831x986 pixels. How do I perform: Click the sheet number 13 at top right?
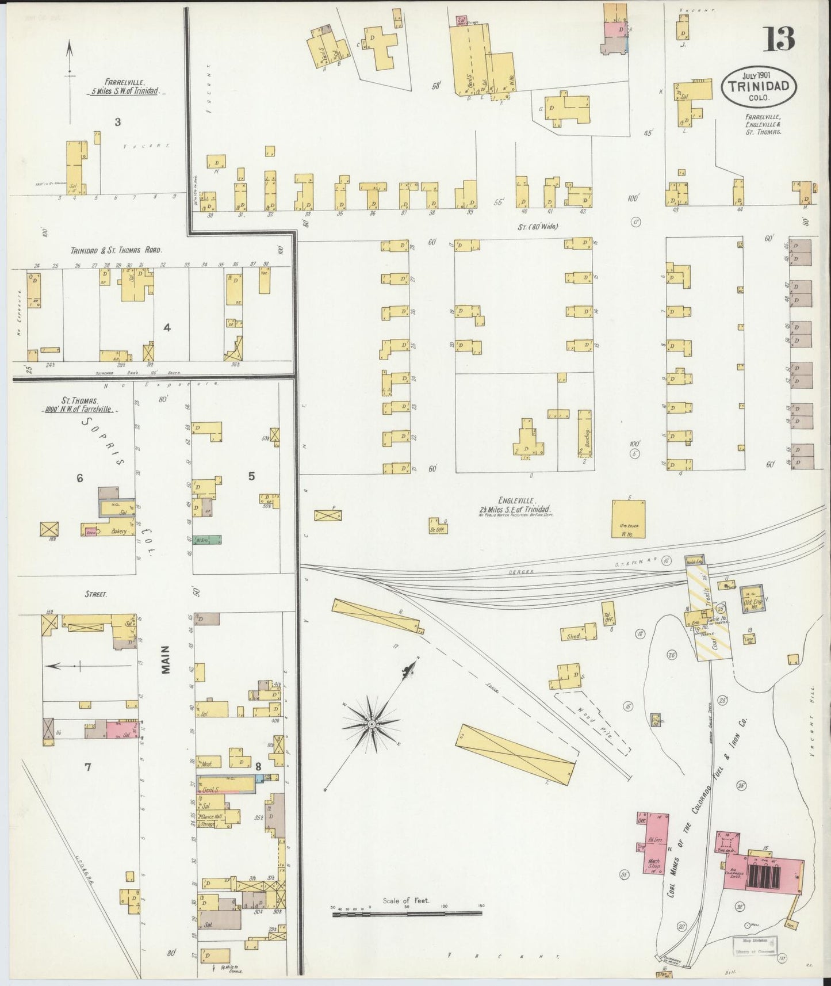tap(779, 39)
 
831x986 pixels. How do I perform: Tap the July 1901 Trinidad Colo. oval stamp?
tap(759, 86)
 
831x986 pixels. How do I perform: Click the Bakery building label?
tap(119, 532)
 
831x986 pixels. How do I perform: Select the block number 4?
tap(167, 327)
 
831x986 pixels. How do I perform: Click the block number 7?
tap(88, 766)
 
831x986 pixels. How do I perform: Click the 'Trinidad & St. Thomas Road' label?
tap(116, 250)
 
